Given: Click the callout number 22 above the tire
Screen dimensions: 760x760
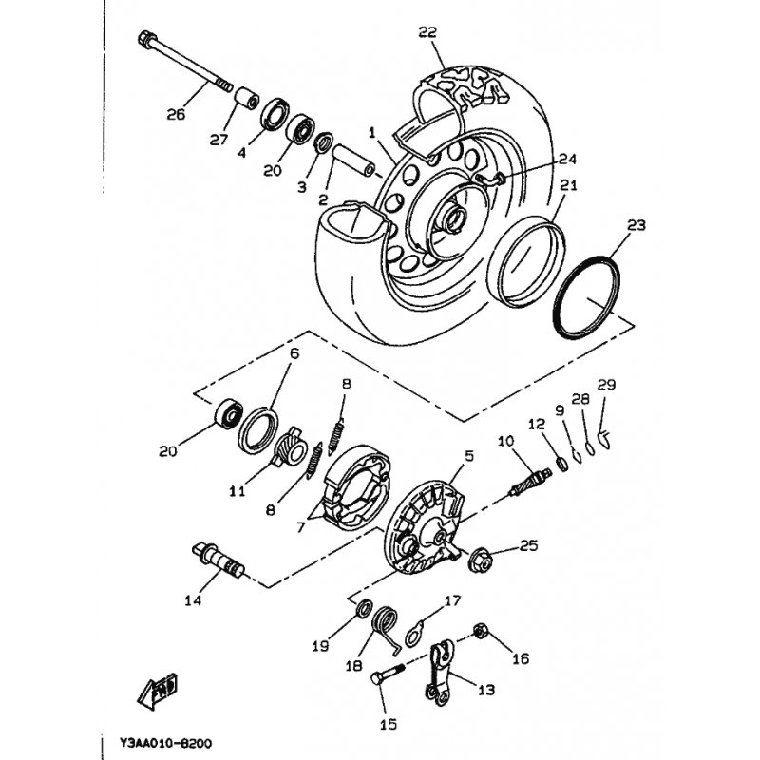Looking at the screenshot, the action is (427, 32).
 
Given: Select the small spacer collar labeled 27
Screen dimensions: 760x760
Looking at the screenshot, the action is (247, 99).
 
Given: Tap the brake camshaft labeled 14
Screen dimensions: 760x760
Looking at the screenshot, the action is (218, 559).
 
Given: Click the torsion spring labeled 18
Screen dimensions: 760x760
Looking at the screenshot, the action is (386, 627).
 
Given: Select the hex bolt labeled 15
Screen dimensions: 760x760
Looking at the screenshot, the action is (387, 674).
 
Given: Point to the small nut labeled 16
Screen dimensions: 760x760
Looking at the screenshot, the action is (481, 630).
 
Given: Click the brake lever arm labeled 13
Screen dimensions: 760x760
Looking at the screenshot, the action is (440, 673).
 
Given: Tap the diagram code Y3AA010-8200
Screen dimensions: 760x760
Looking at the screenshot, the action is (165, 743).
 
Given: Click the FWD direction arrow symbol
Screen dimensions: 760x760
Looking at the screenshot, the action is (157, 692).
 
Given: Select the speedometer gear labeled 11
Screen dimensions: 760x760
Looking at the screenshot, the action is (292, 446).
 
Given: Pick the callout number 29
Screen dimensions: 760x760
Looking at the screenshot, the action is (606, 385).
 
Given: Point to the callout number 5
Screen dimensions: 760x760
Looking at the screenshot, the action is (468, 456).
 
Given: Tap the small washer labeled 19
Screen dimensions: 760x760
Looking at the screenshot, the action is (364, 608).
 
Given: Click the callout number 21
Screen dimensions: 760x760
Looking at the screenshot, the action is (568, 185).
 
